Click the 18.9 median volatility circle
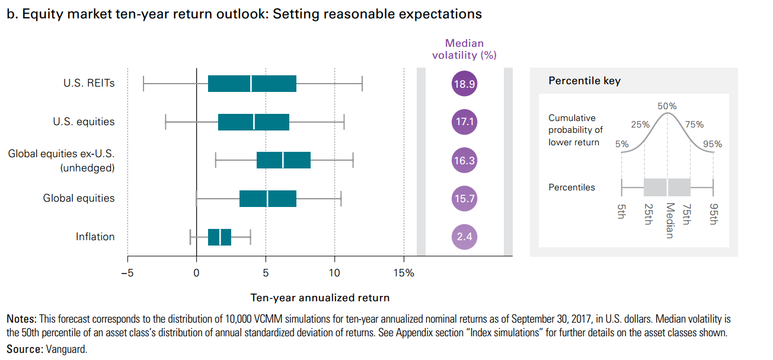[x=464, y=84]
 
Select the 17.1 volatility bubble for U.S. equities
[x=464, y=122]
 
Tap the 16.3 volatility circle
[x=464, y=160]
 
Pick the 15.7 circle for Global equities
[x=464, y=199]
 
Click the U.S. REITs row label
[x=89, y=83]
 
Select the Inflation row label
[x=95, y=237]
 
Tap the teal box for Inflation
[x=219, y=237]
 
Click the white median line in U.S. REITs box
[x=251, y=84]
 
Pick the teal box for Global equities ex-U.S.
[x=283, y=160]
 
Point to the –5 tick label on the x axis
[x=127, y=273]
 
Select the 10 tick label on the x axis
[x=334, y=273]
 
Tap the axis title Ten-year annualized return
[x=320, y=298]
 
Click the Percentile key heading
[x=584, y=81]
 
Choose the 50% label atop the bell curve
[x=667, y=106]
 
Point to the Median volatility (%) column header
[x=464, y=49]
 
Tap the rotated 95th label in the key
[x=713, y=214]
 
